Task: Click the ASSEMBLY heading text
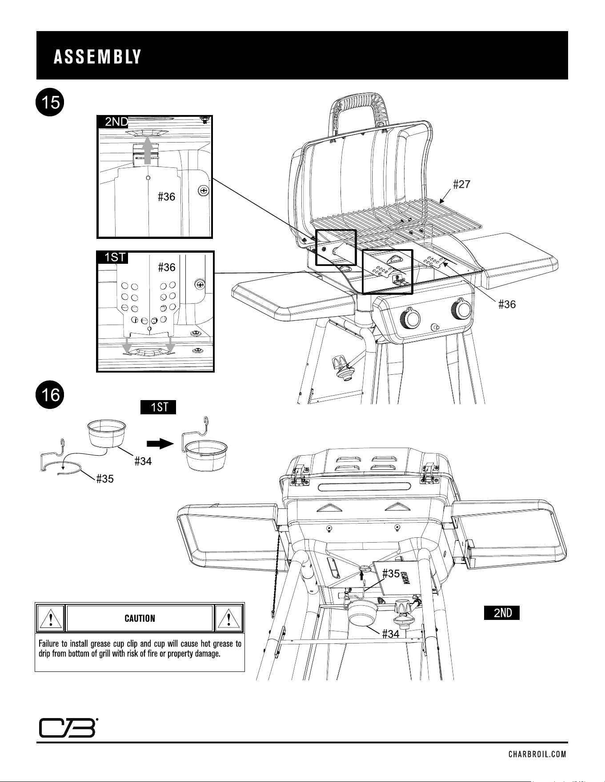point(97,57)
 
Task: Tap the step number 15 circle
point(51,103)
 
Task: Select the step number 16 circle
point(51,394)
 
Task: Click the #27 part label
point(461,184)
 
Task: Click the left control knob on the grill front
point(411,318)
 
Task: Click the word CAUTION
point(140,618)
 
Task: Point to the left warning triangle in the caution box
point(51,618)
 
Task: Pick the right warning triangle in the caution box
point(229,618)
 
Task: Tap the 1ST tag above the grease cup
point(158,407)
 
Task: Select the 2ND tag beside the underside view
point(502,613)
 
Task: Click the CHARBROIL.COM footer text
point(537,754)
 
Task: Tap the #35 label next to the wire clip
point(105,479)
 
